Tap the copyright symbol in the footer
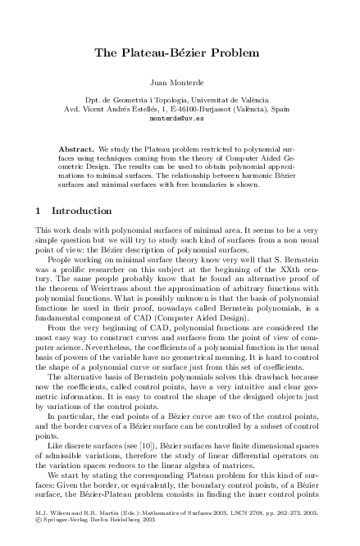pyautogui.click(x=39, y=539)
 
